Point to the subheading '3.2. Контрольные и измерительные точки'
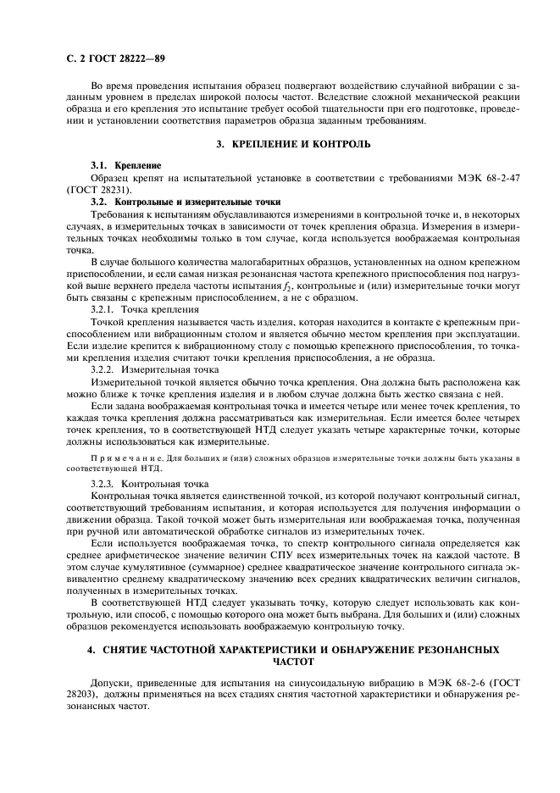(x=186, y=202)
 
